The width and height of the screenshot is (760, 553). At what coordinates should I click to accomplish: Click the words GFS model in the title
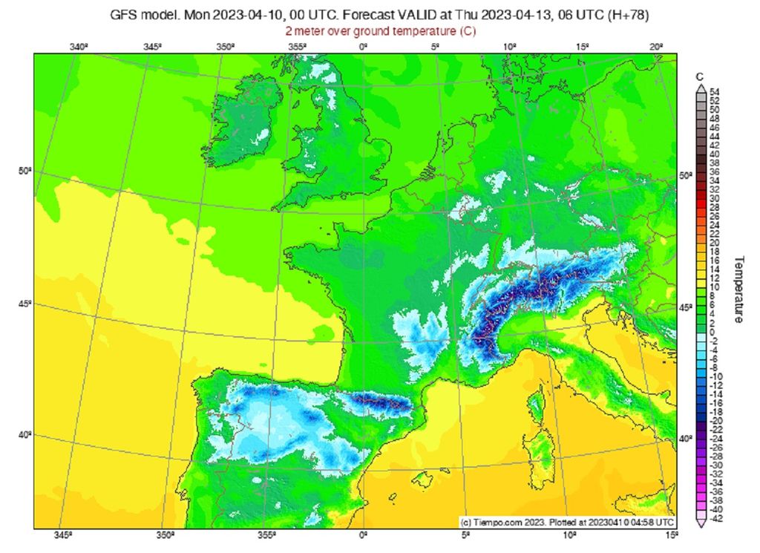point(142,15)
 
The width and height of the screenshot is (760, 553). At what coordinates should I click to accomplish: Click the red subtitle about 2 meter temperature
point(381,31)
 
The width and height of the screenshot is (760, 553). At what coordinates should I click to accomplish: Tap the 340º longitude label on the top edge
point(79,47)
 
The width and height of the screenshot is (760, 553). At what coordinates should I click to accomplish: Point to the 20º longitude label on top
point(655,47)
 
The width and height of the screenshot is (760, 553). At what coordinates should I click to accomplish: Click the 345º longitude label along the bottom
point(62,535)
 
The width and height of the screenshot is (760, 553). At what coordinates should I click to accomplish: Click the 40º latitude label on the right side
point(686,439)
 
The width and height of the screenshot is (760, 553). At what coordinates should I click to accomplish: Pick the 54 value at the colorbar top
point(714,91)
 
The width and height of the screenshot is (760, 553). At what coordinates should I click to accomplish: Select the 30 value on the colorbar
point(714,198)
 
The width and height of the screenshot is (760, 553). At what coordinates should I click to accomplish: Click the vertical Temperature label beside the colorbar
point(739,289)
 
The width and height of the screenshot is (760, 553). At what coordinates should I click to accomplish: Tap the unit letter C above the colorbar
point(700,76)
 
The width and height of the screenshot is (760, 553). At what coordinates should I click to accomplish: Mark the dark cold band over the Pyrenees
point(382,403)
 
